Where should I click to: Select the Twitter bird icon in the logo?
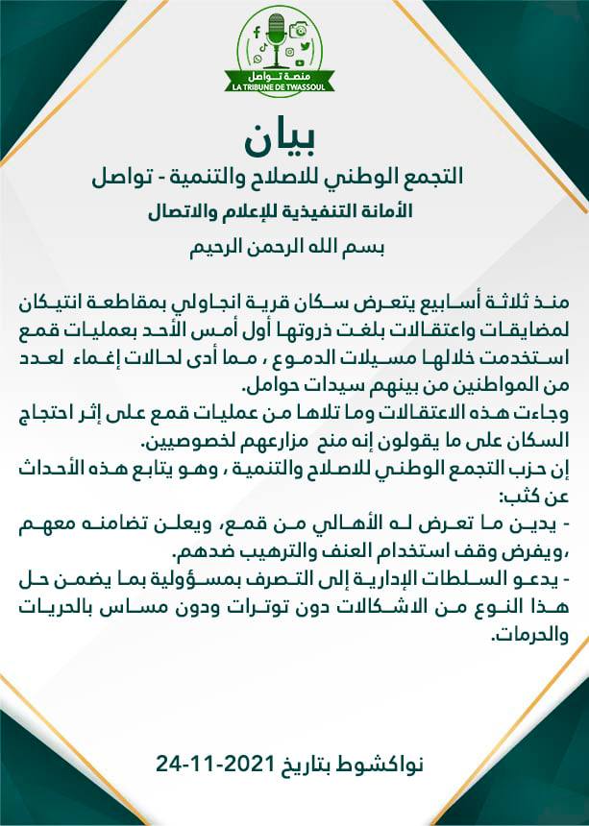304,45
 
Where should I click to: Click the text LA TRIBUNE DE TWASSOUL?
279,87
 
